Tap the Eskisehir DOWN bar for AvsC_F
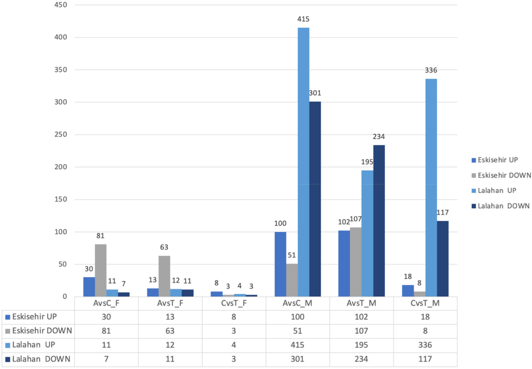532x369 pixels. (101, 270)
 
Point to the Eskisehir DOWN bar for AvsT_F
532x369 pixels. (164, 276)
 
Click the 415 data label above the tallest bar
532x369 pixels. (303, 19)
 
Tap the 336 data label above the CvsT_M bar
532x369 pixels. (431, 70)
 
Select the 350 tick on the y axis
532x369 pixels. (61, 70)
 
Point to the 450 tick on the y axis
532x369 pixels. (61, 5)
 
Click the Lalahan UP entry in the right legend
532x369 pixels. (497, 191)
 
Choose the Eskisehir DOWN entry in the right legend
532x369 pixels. (504, 176)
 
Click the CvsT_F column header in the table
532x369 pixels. (234, 303)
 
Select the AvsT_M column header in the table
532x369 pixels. (361, 303)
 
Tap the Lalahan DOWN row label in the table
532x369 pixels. (41, 359)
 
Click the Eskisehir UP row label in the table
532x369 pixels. (34, 317)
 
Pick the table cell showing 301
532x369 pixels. (297, 359)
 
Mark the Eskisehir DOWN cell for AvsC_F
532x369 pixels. (106, 331)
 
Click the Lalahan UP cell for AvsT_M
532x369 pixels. (361, 345)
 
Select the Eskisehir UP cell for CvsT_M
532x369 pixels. (425, 317)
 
